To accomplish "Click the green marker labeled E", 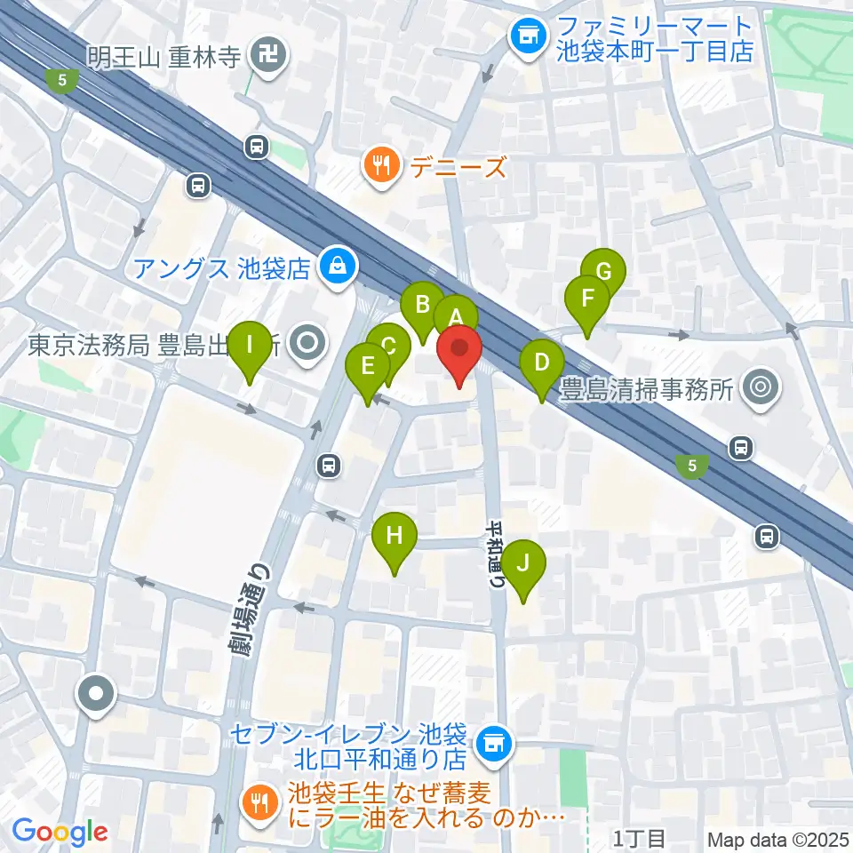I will [x=367, y=365].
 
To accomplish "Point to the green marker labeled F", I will [x=586, y=299].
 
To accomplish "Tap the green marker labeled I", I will [x=251, y=344].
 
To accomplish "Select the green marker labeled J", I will [x=523, y=563].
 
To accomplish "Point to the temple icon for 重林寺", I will [x=267, y=56].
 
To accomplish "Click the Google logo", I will [x=60, y=832].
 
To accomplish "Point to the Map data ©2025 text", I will [x=776, y=838].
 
